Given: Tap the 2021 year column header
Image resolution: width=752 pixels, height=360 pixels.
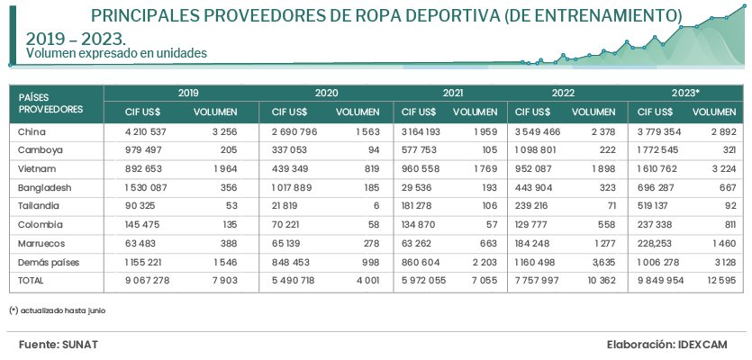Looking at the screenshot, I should click(x=453, y=93).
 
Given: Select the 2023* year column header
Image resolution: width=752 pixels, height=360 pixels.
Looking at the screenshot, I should click(x=685, y=93).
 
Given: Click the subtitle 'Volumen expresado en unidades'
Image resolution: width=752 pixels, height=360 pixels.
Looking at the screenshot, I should click(x=117, y=54).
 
